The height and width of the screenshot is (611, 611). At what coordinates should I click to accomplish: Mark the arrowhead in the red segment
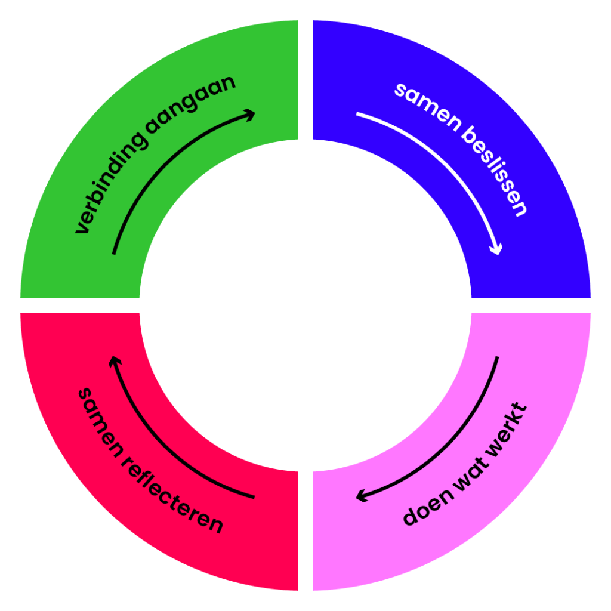pyautogui.click(x=113, y=361)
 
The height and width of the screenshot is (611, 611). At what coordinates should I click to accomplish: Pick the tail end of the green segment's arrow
pyautogui.click(x=113, y=254)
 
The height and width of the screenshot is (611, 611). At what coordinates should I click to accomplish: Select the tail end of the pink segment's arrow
pyautogui.click(x=497, y=358)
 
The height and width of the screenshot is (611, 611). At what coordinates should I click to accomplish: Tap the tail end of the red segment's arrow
pyautogui.click(x=254, y=496)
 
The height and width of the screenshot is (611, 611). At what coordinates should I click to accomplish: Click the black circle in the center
pyautogui.click(x=305, y=305)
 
